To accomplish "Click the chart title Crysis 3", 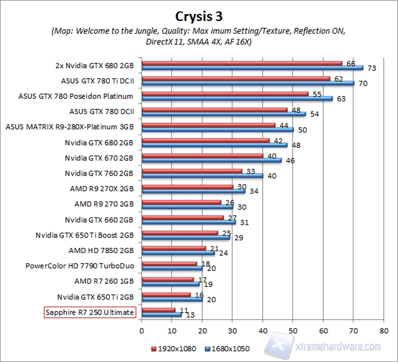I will [x=198, y=16].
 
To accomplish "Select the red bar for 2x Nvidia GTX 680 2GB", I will [x=242, y=63].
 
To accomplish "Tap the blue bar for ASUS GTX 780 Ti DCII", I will [x=248, y=83].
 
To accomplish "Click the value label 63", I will [x=341, y=99].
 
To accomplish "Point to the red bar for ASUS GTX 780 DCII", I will [x=214, y=109].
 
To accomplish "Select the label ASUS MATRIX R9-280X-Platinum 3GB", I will [x=70, y=127].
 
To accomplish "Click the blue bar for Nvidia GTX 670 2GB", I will [x=211, y=160].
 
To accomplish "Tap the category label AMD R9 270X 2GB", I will [x=102, y=189].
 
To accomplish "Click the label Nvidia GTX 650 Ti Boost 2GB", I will [x=85, y=235].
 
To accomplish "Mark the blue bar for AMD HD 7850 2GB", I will [x=178, y=253].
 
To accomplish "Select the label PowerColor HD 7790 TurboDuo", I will [x=80, y=266].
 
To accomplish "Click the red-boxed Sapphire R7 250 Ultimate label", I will [x=89, y=312].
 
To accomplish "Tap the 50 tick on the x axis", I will [x=293, y=330].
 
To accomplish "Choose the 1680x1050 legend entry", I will [x=228, y=349].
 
